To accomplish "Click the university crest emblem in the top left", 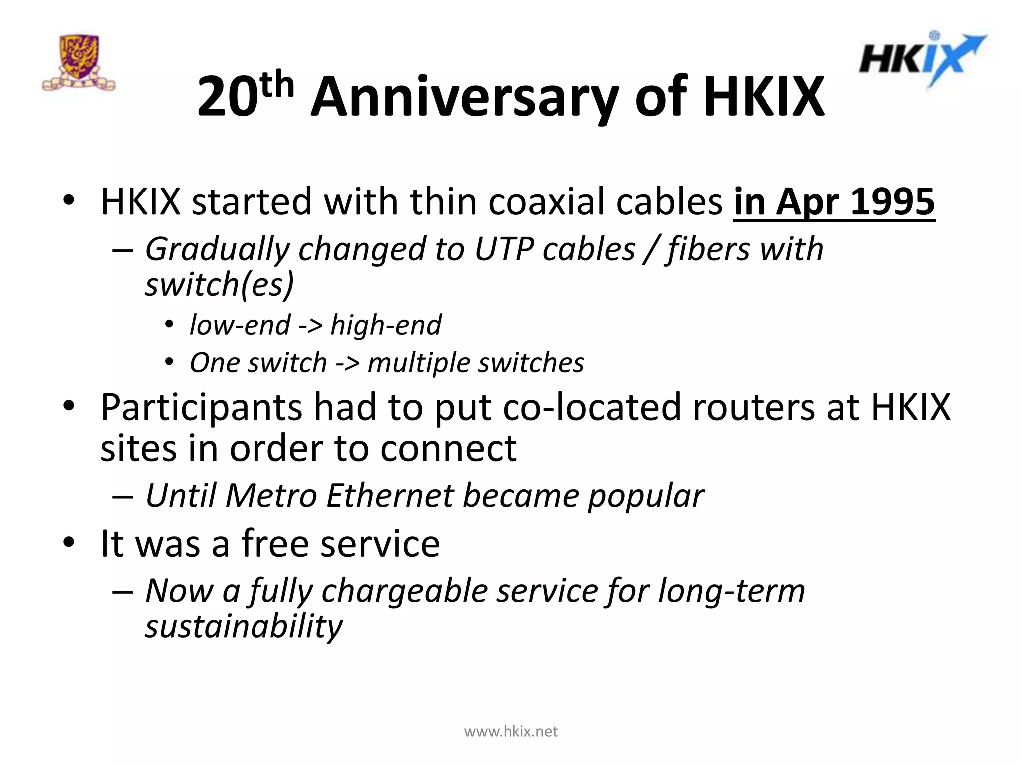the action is [x=79, y=63].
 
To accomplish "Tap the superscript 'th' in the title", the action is [x=277, y=85].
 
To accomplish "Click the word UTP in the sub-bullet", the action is [x=504, y=249].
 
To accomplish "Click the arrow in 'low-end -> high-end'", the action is [x=310, y=326].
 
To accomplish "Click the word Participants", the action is [x=201, y=407].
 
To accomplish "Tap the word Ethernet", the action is [x=390, y=496].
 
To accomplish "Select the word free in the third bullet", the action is [x=275, y=543].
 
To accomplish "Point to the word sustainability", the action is [x=244, y=627].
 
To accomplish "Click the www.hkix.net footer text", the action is [x=511, y=732].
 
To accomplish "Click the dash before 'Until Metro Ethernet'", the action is [x=123, y=497].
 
